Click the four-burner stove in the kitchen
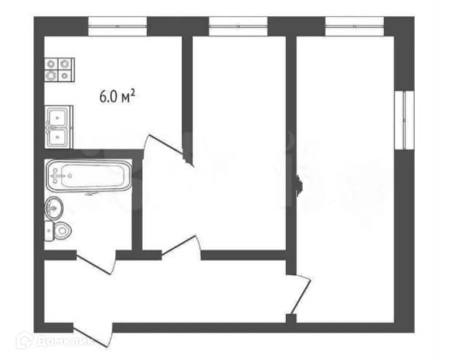tap(59, 70)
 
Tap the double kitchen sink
tap(59, 127)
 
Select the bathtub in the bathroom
tap(89, 176)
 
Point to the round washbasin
tap(54, 208)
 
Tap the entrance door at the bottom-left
tap(93, 334)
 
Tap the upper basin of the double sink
tap(59, 116)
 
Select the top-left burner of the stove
tap(51, 64)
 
